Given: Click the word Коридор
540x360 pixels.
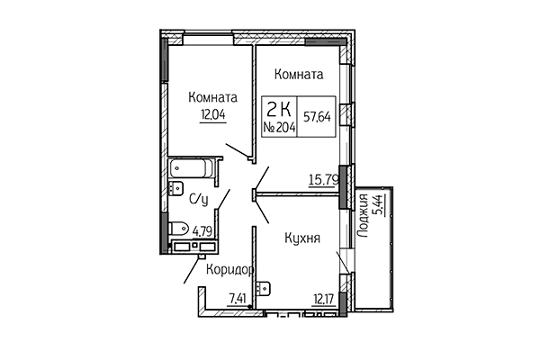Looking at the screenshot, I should click(x=229, y=269).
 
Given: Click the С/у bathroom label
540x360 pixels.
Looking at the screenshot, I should click(x=199, y=199).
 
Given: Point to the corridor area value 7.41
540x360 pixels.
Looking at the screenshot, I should click(x=238, y=299).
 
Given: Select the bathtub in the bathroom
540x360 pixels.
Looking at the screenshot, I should click(x=193, y=168).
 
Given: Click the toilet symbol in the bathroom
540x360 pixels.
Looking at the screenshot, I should click(x=178, y=226).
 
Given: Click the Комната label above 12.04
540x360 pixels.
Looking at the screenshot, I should click(x=212, y=96).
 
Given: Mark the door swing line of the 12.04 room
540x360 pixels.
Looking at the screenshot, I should click(x=236, y=148).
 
